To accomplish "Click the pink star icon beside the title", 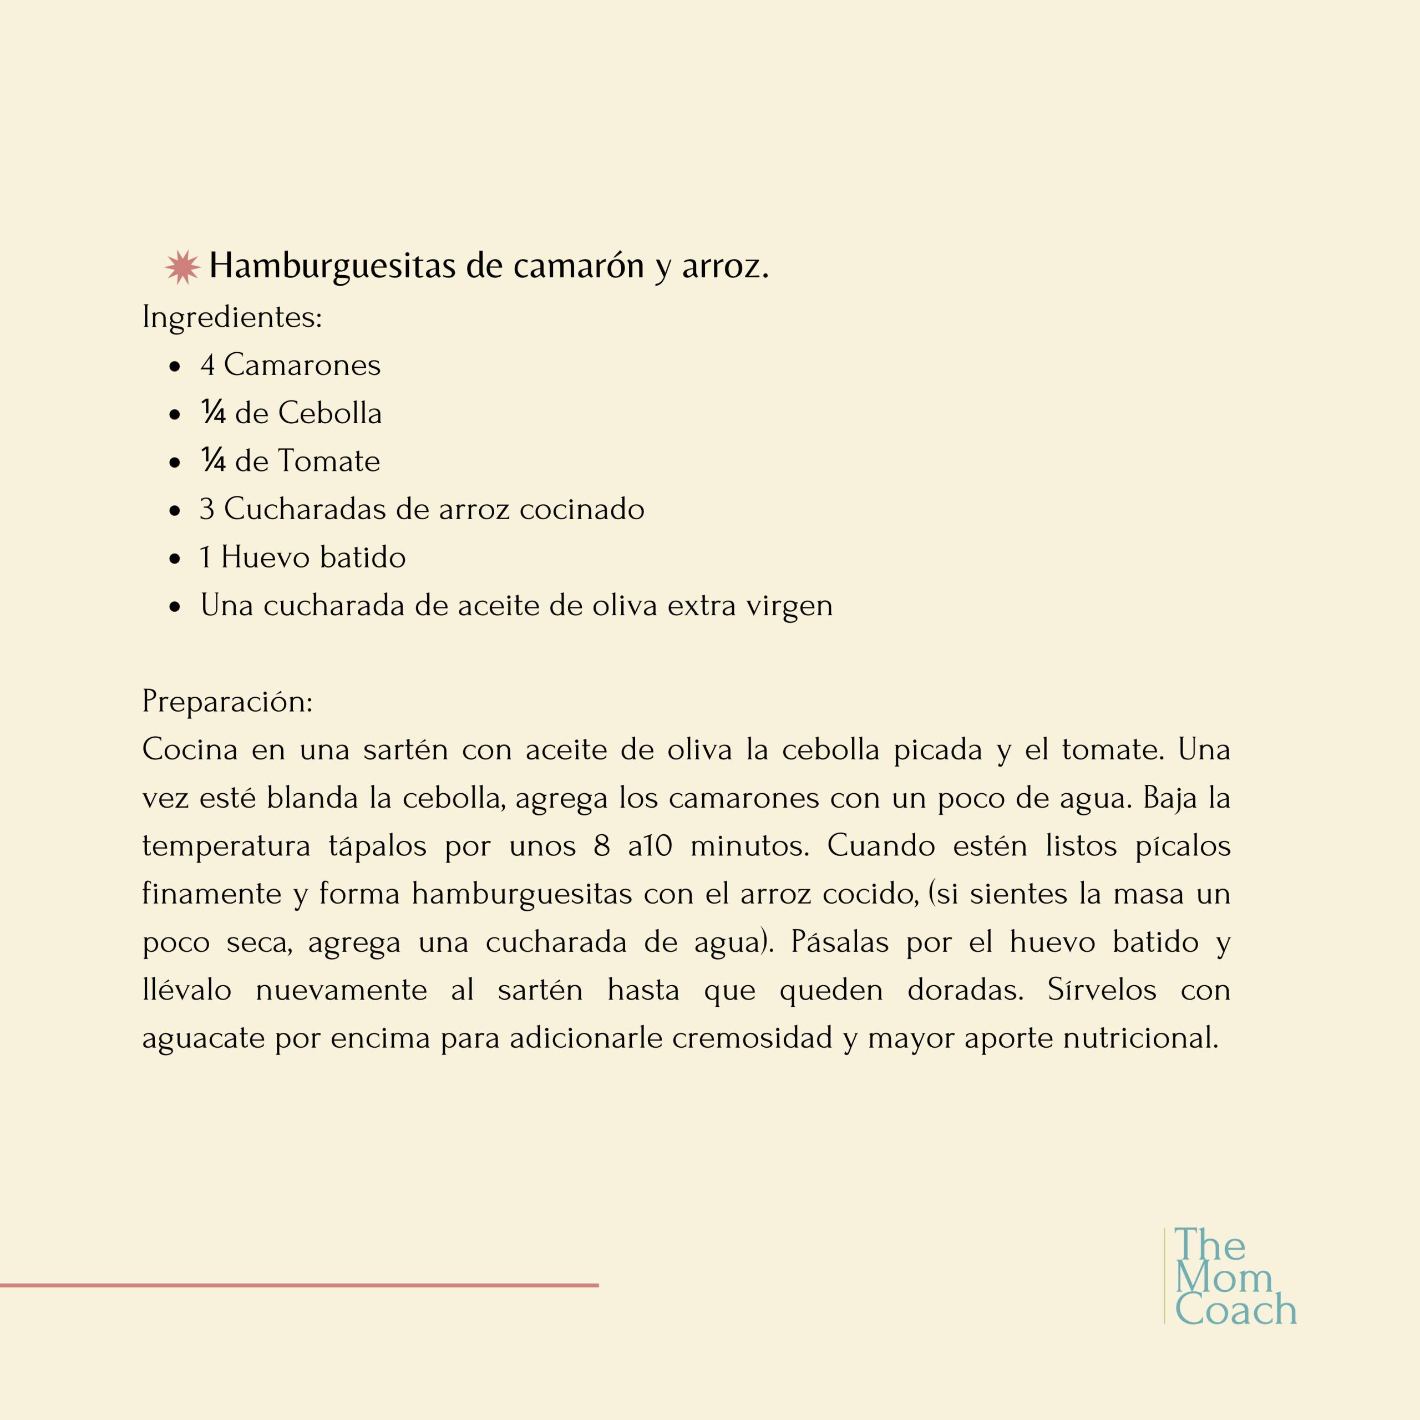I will (x=182, y=267).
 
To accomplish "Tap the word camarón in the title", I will (x=579, y=265).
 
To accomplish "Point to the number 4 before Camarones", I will (x=207, y=366).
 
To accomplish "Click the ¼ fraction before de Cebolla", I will (x=213, y=413).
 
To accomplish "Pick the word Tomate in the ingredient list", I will (x=328, y=461).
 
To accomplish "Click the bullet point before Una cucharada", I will (x=174, y=607).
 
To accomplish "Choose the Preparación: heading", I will (x=227, y=701).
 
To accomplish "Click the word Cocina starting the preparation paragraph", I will (x=190, y=750).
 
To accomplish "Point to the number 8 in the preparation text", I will (x=602, y=846).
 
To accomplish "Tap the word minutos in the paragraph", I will (x=749, y=846).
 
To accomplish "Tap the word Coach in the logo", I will (x=1235, y=1311).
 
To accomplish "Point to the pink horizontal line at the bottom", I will (x=299, y=1286).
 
